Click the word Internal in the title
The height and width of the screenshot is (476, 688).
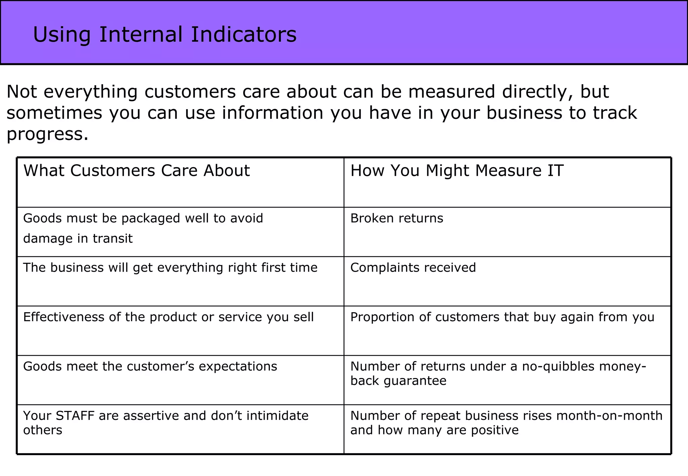pyautogui.click(x=141, y=35)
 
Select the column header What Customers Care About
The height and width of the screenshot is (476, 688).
pyautogui.click(x=136, y=171)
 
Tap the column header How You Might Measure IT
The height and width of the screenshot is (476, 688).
pyautogui.click(x=457, y=171)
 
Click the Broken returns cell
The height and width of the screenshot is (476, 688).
pyautogui.click(x=396, y=219)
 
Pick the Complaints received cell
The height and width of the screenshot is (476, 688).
pyautogui.click(x=413, y=268)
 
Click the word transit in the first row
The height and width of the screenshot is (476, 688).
pyautogui.click(x=113, y=239)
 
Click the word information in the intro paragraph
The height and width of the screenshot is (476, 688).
pyautogui.click(x=272, y=113)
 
